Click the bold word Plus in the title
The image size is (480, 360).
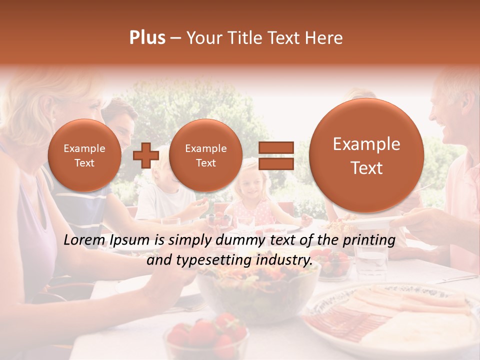pyautogui.click(x=147, y=38)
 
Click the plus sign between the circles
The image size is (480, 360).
pyautogui.click(x=145, y=155)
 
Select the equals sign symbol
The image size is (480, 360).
pyautogui.click(x=275, y=155)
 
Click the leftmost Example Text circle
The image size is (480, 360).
pyautogui.click(x=84, y=155)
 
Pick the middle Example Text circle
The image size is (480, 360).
pyautogui.click(x=205, y=155)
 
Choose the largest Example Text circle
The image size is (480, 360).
pyautogui.click(x=366, y=155)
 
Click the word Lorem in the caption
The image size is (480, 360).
pyautogui.click(x=82, y=240)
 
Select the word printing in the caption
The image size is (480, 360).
pyautogui.click(x=368, y=240)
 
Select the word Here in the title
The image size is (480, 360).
pyautogui.click(x=326, y=38)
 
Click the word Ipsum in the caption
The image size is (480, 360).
pyautogui.click(x=130, y=240)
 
